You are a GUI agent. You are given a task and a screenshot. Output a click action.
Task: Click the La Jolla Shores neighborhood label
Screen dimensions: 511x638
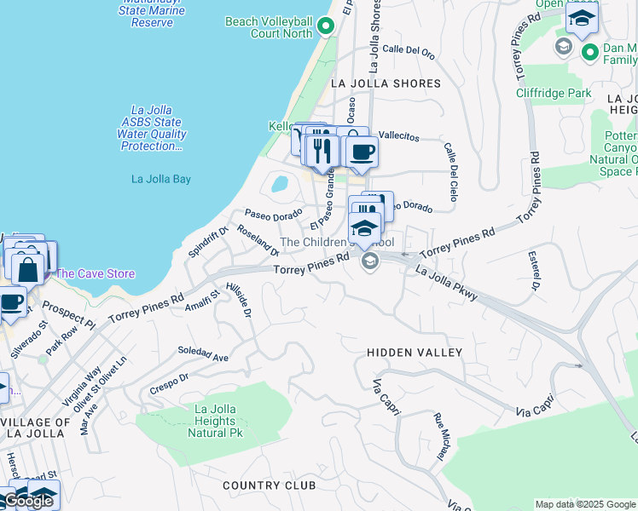386,83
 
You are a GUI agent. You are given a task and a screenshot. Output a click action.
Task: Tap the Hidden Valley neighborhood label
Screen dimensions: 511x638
414,353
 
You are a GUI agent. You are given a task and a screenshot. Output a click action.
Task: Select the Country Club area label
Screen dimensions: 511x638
269,485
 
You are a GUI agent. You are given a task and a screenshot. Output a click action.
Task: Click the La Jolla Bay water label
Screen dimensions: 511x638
161,179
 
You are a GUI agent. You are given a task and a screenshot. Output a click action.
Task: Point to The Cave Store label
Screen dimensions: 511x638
95,273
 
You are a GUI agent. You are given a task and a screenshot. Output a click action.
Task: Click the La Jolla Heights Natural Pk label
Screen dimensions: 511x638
214,421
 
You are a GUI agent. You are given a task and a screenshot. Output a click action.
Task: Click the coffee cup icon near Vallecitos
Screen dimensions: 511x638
362,153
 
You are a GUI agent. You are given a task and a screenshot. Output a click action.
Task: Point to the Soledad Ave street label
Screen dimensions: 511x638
203,354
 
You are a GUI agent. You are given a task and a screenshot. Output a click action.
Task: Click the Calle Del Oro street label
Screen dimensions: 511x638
409,51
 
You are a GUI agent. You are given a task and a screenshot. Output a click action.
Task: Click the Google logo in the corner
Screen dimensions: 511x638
28,501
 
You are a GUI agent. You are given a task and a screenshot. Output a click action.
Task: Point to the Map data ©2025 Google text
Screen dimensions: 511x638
584,504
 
